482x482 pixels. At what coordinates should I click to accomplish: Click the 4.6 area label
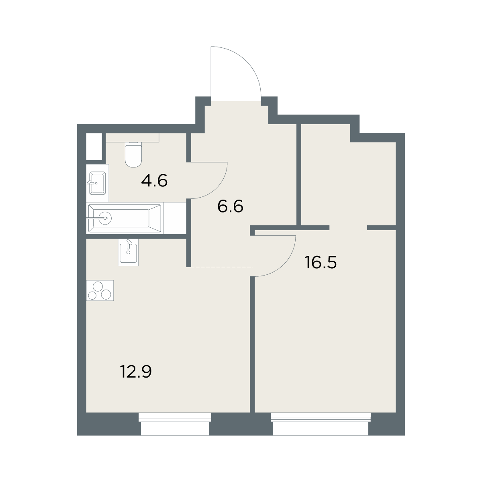tap(154, 181)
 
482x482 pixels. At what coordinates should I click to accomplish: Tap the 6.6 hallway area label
tap(230, 206)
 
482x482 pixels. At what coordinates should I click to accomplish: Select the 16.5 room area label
tap(321, 262)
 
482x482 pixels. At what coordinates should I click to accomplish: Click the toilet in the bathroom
tap(133, 154)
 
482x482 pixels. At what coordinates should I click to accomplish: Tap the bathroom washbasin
tap(97, 183)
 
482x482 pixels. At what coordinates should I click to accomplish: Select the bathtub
tap(125, 218)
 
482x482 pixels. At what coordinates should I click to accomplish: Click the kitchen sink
tap(128, 252)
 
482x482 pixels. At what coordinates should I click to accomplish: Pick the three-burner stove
tap(100, 290)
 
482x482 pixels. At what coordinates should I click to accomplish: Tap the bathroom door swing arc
tap(217, 188)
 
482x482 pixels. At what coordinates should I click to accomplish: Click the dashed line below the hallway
tap(220, 267)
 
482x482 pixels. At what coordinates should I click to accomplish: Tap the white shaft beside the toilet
tap(94, 147)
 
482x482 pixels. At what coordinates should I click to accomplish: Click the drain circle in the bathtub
tap(105, 219)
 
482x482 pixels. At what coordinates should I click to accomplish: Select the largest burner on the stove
tap(98, 286)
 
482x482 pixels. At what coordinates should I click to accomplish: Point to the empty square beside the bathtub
tap(175, 218)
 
